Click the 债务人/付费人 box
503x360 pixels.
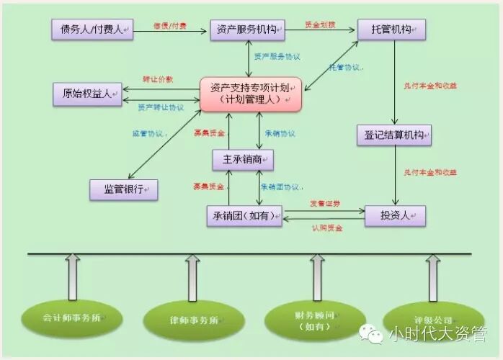coord(92,30)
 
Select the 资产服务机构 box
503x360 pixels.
coord(248,30)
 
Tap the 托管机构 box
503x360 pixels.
coord(391,30)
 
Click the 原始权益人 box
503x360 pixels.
coord(87,94)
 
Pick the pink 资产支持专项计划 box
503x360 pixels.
coord(250,94)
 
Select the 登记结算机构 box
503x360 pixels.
coord(393,135)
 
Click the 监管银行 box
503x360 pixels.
coord(123,189)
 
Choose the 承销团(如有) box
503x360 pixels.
coord(244,216)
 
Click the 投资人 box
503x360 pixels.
coord(395,216)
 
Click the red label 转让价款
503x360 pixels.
coord(158,78)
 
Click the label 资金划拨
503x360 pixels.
coord(319,24)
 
